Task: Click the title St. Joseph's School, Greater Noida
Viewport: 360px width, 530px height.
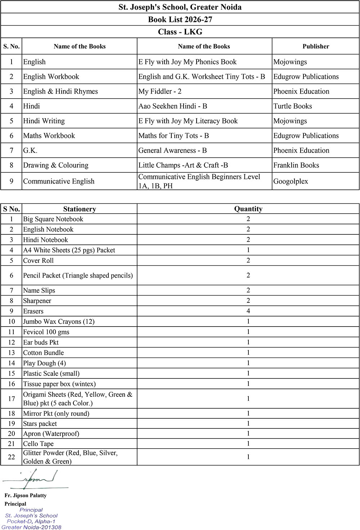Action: tap(180, 7)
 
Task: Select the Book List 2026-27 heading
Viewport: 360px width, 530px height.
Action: tap(180, 19)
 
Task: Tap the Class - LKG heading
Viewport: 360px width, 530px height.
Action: tap(180, 32)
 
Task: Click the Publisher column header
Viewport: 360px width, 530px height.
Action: tap(316, 46)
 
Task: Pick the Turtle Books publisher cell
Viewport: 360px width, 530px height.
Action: tap(293, 106)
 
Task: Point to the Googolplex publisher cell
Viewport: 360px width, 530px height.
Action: tap(291, 181)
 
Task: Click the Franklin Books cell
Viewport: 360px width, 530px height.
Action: tap(296, 165)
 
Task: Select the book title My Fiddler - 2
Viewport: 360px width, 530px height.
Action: tap(160, 91)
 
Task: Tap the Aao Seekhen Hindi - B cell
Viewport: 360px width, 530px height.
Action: tap(173, 106)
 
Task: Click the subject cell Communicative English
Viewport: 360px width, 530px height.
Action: tap(59, 181)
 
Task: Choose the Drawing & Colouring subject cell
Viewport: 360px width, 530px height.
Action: tap(56, 165)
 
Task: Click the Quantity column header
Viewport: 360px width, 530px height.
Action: tap(248, 209)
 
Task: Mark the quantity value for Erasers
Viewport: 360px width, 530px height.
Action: tap(248, 311)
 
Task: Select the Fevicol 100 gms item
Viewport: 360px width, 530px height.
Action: tap(46, 332)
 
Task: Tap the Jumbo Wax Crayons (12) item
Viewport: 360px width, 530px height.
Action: tap(59, 322)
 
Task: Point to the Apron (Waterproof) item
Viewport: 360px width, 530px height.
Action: tap(51, 434)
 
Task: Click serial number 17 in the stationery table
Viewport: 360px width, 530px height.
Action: tap(12, 399)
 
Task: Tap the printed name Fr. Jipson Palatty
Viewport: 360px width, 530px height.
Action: tap(26, 495)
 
